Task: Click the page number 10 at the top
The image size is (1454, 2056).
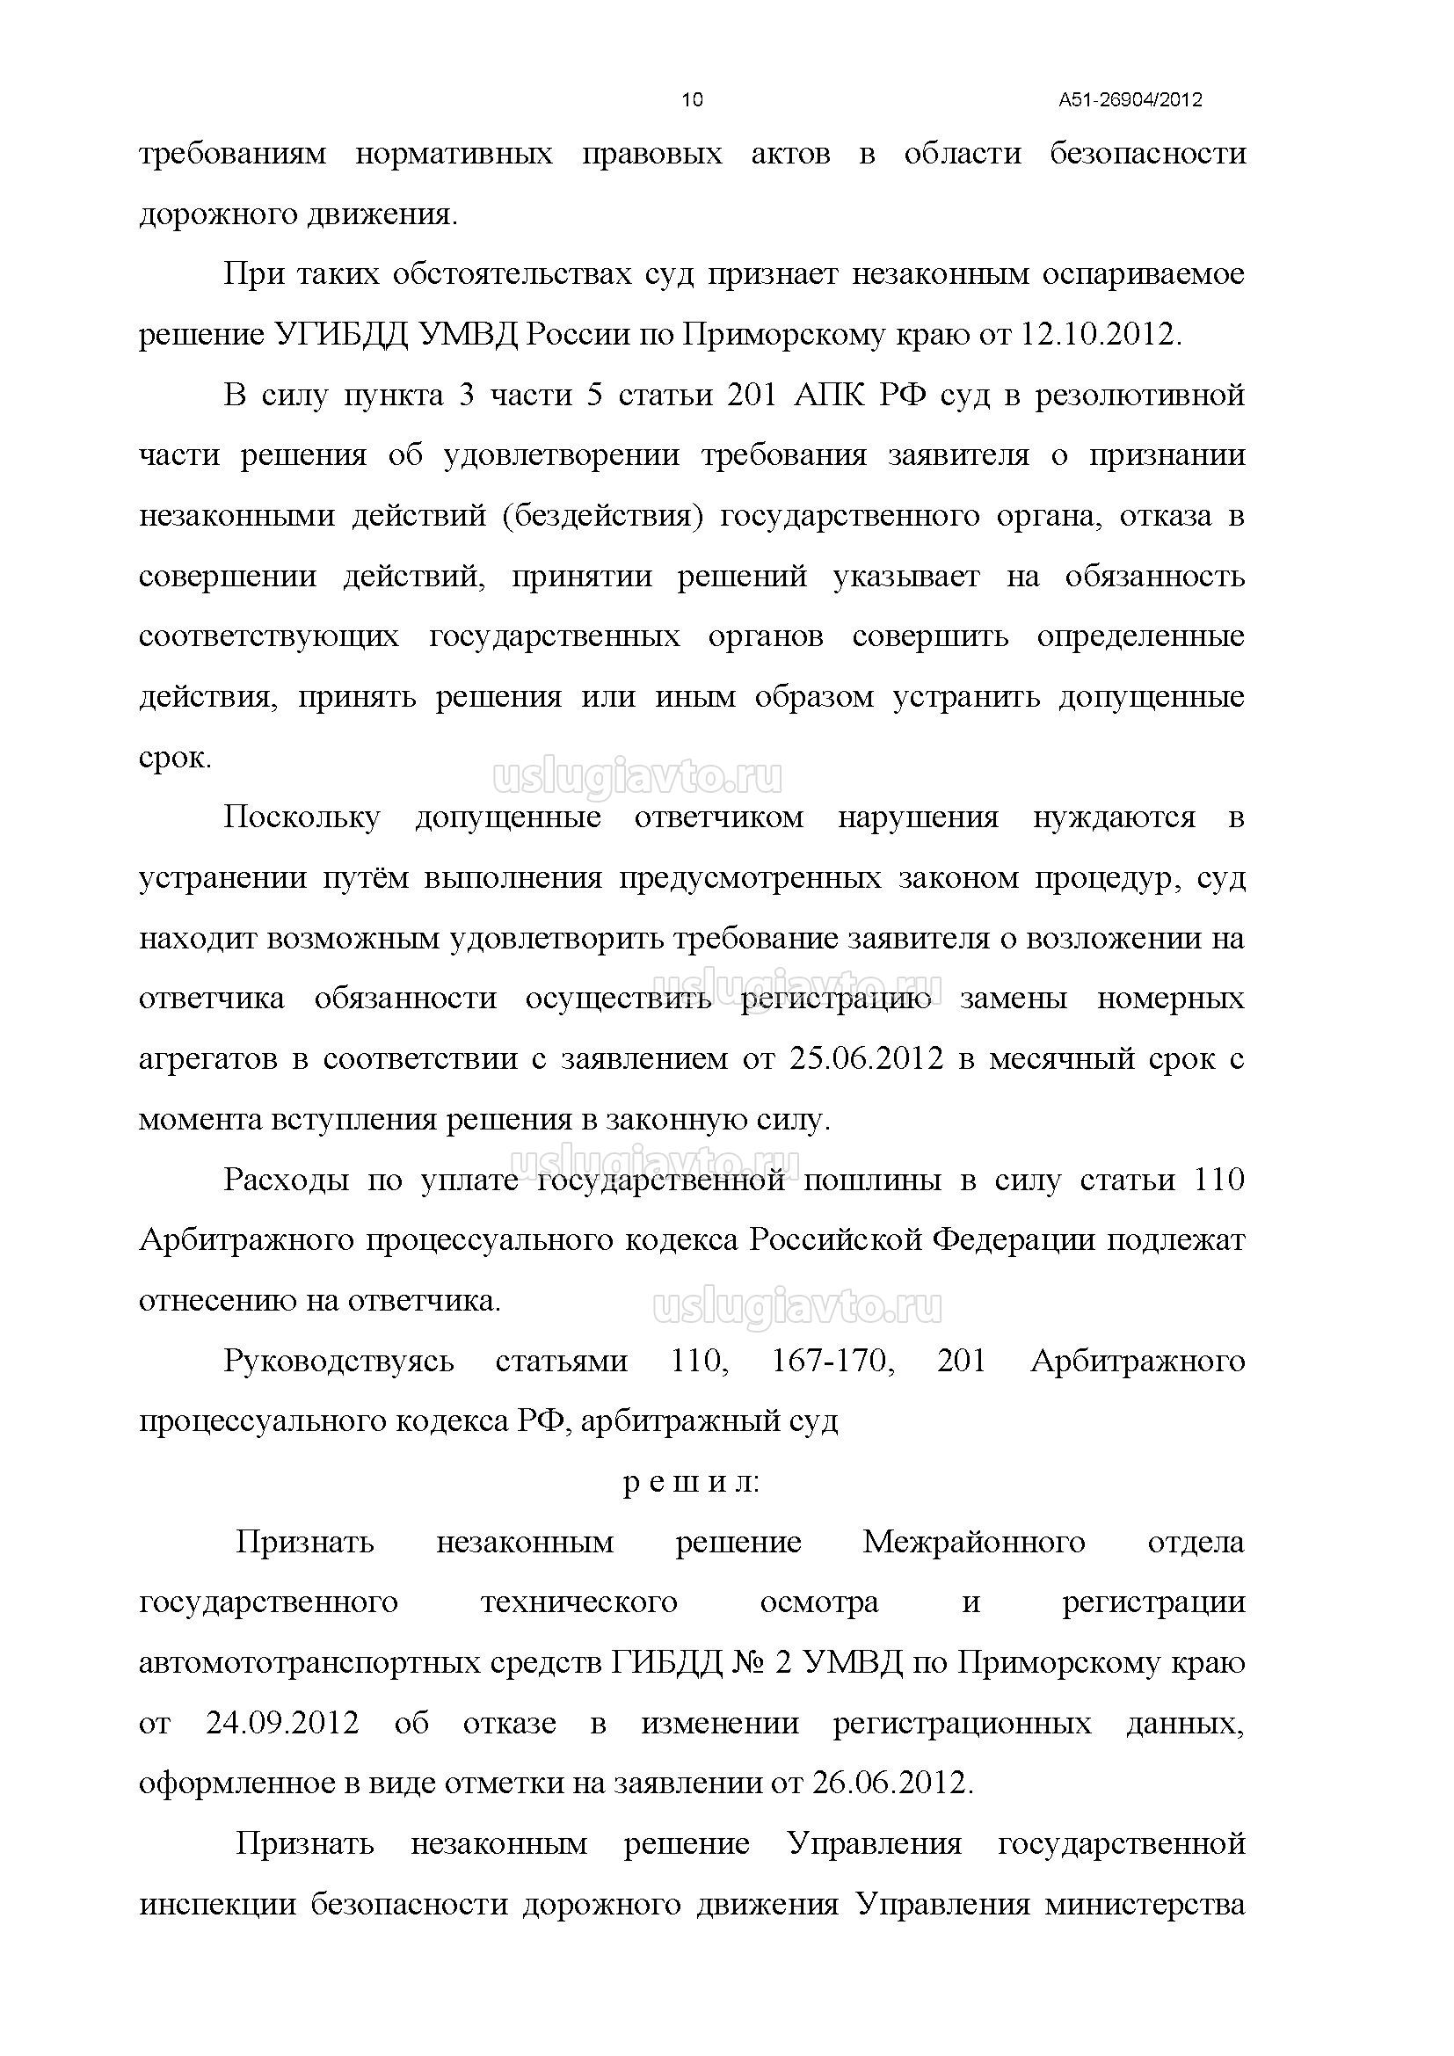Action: click(x=692, y=99)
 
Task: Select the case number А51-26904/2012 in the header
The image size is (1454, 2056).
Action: click(x=1130, y=100)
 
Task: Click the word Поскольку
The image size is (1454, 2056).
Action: click(x=301, y=817)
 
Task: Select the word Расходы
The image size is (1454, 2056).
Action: click(x=286, y=1181)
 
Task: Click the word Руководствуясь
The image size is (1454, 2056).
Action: click(x=338, y=1361)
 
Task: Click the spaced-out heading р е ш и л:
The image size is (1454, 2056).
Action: click(x=691, y=1483)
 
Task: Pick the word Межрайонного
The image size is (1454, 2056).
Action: click(x=973, y=1542)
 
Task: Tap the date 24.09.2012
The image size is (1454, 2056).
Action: click(x=282, y=1724)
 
